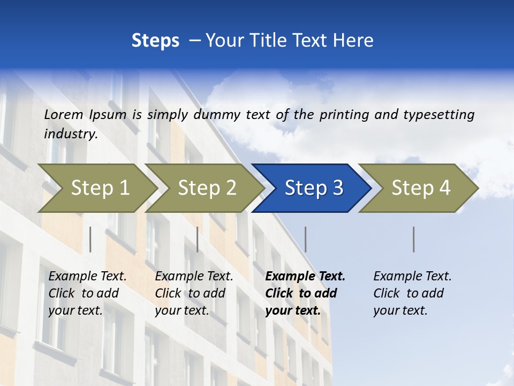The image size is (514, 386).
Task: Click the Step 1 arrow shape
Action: point(100,188)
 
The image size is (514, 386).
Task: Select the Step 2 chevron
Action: point(207,188)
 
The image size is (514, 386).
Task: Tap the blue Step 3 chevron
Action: point(314,188)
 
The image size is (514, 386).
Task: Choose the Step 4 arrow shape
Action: point(421,188)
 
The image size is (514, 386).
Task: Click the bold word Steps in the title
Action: point(155,40)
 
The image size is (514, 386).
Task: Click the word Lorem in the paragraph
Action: point(63,114)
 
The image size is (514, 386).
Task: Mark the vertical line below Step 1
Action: point(90,239)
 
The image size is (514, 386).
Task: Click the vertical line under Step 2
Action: point(198,239)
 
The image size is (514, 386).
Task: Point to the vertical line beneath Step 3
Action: point(306,239)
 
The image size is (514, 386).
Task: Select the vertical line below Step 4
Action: point(414,239)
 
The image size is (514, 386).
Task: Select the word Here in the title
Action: point(357,40)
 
